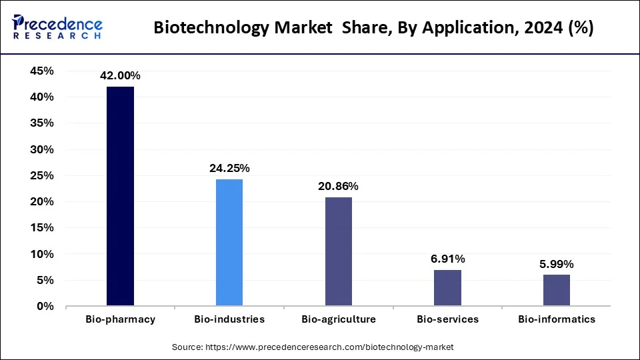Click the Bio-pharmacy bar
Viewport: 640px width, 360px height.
(120, 197)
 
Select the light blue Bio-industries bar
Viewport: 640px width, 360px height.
(229, 243)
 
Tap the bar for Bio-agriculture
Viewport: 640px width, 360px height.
(338, 251)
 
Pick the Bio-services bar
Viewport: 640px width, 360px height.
(447, 288)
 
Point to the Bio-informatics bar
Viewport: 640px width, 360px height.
(557, 290)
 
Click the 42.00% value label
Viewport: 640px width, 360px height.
(120, 76)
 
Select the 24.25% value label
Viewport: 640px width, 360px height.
(229, 169)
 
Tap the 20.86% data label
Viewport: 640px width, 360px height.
(338, 187)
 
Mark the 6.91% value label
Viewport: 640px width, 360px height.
(447, 259)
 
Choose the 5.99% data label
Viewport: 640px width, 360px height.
(557, 264)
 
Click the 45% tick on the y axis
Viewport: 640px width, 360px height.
(42, 71)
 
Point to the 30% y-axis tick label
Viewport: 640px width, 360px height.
(42, 149)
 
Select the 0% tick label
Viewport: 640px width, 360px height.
(45, 307)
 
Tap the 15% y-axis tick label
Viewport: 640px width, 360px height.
(42, 228)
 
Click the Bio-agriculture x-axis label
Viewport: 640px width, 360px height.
(338, 319)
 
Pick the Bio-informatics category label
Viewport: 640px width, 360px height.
(557, 319)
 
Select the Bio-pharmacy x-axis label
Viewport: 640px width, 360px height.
(120, 319)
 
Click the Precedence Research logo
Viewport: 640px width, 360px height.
(57, 27)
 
